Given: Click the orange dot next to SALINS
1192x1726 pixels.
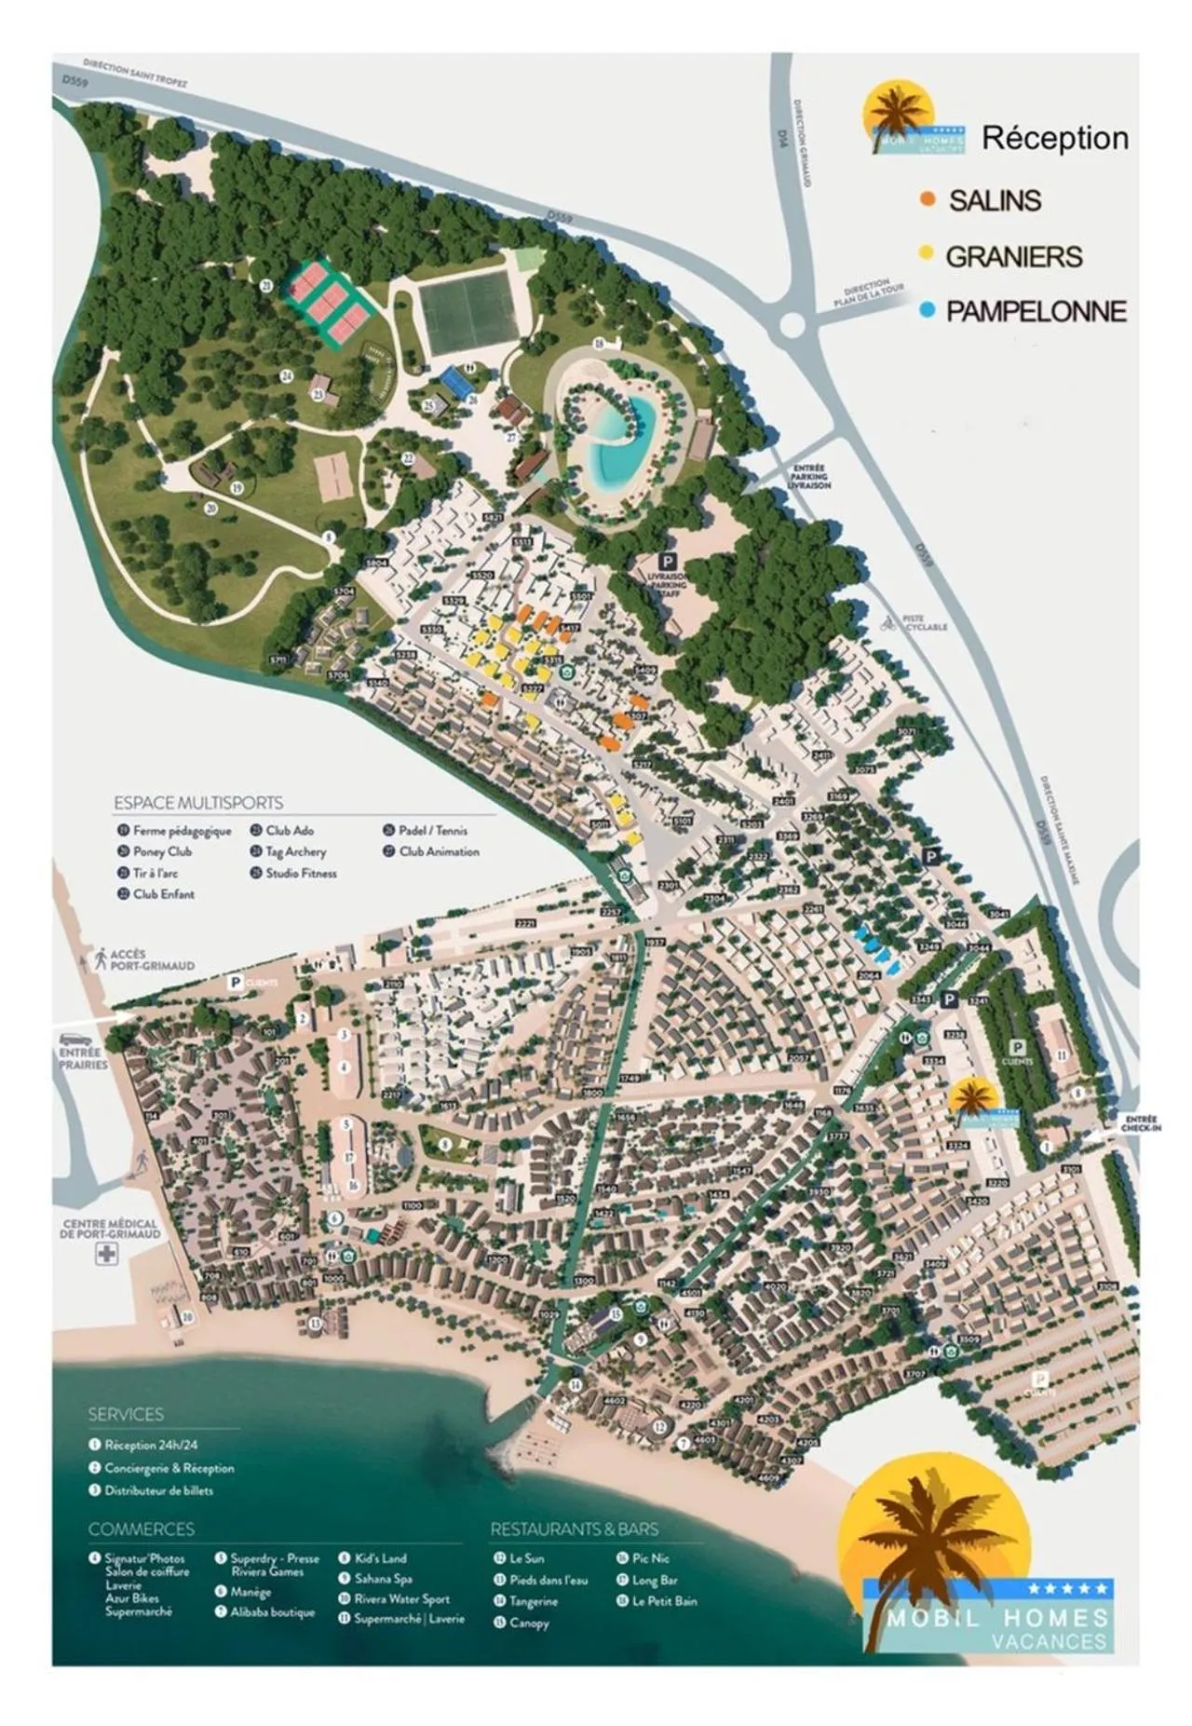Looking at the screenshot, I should point(927,199).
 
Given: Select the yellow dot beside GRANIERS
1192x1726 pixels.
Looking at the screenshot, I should point(926,254).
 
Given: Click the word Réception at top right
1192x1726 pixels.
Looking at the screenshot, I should point(1054,138).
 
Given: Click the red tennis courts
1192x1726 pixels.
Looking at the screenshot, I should point(326,299).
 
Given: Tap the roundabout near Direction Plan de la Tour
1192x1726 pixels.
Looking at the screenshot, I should point(792,325).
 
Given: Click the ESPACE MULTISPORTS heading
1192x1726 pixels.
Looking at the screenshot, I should point(198,802).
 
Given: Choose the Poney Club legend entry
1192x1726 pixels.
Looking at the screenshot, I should point(162,851).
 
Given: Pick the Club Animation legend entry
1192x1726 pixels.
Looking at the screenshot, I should point(439,851).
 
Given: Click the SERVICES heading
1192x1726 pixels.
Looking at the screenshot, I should point(126,1414).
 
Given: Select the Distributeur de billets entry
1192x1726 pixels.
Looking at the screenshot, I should point(158,1490).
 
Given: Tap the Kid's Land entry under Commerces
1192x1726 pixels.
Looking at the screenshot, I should point(380,1557).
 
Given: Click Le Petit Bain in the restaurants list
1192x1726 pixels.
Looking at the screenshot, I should point(664,1601).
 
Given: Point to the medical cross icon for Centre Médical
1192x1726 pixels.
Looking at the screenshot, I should point(107,1255).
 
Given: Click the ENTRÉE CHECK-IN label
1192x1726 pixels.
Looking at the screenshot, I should point(1140,1124).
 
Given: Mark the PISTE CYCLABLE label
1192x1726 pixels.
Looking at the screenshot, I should point(924,623).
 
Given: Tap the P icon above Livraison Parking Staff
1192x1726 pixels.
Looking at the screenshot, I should point(667,561).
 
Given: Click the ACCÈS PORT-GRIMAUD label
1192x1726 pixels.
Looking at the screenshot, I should point(152,959).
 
